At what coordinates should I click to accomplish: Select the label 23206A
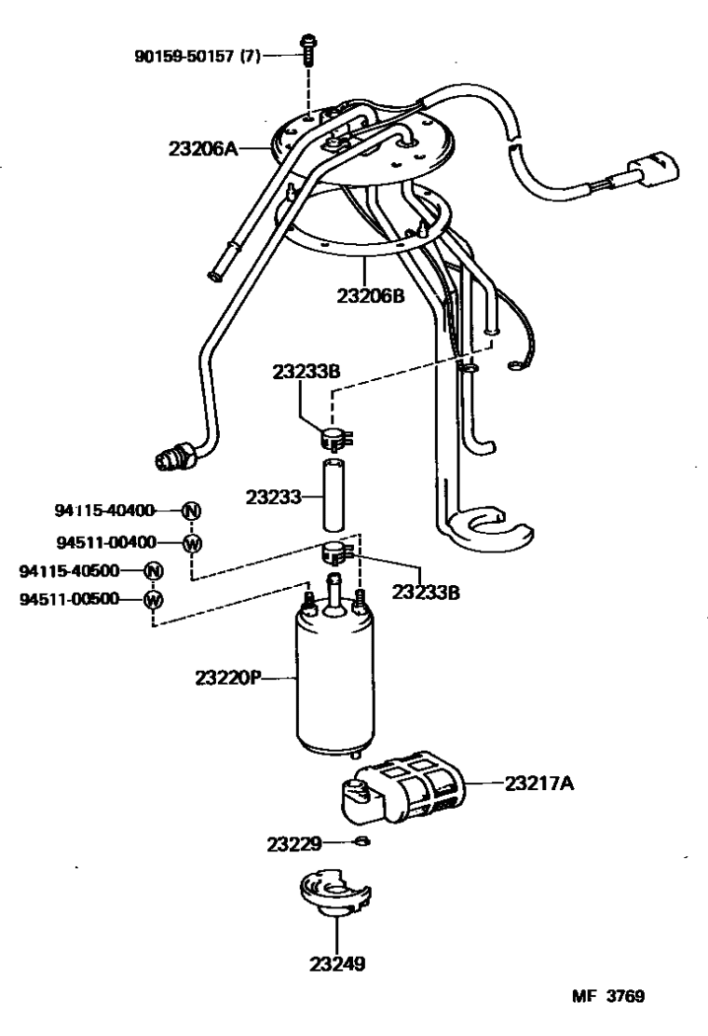(x=202, y=148)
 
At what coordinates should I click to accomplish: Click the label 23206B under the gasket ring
(x=372, y=295)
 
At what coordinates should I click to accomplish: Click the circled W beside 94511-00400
(x=192, y=542)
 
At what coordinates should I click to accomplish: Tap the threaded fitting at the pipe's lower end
(x=175, y=457)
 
